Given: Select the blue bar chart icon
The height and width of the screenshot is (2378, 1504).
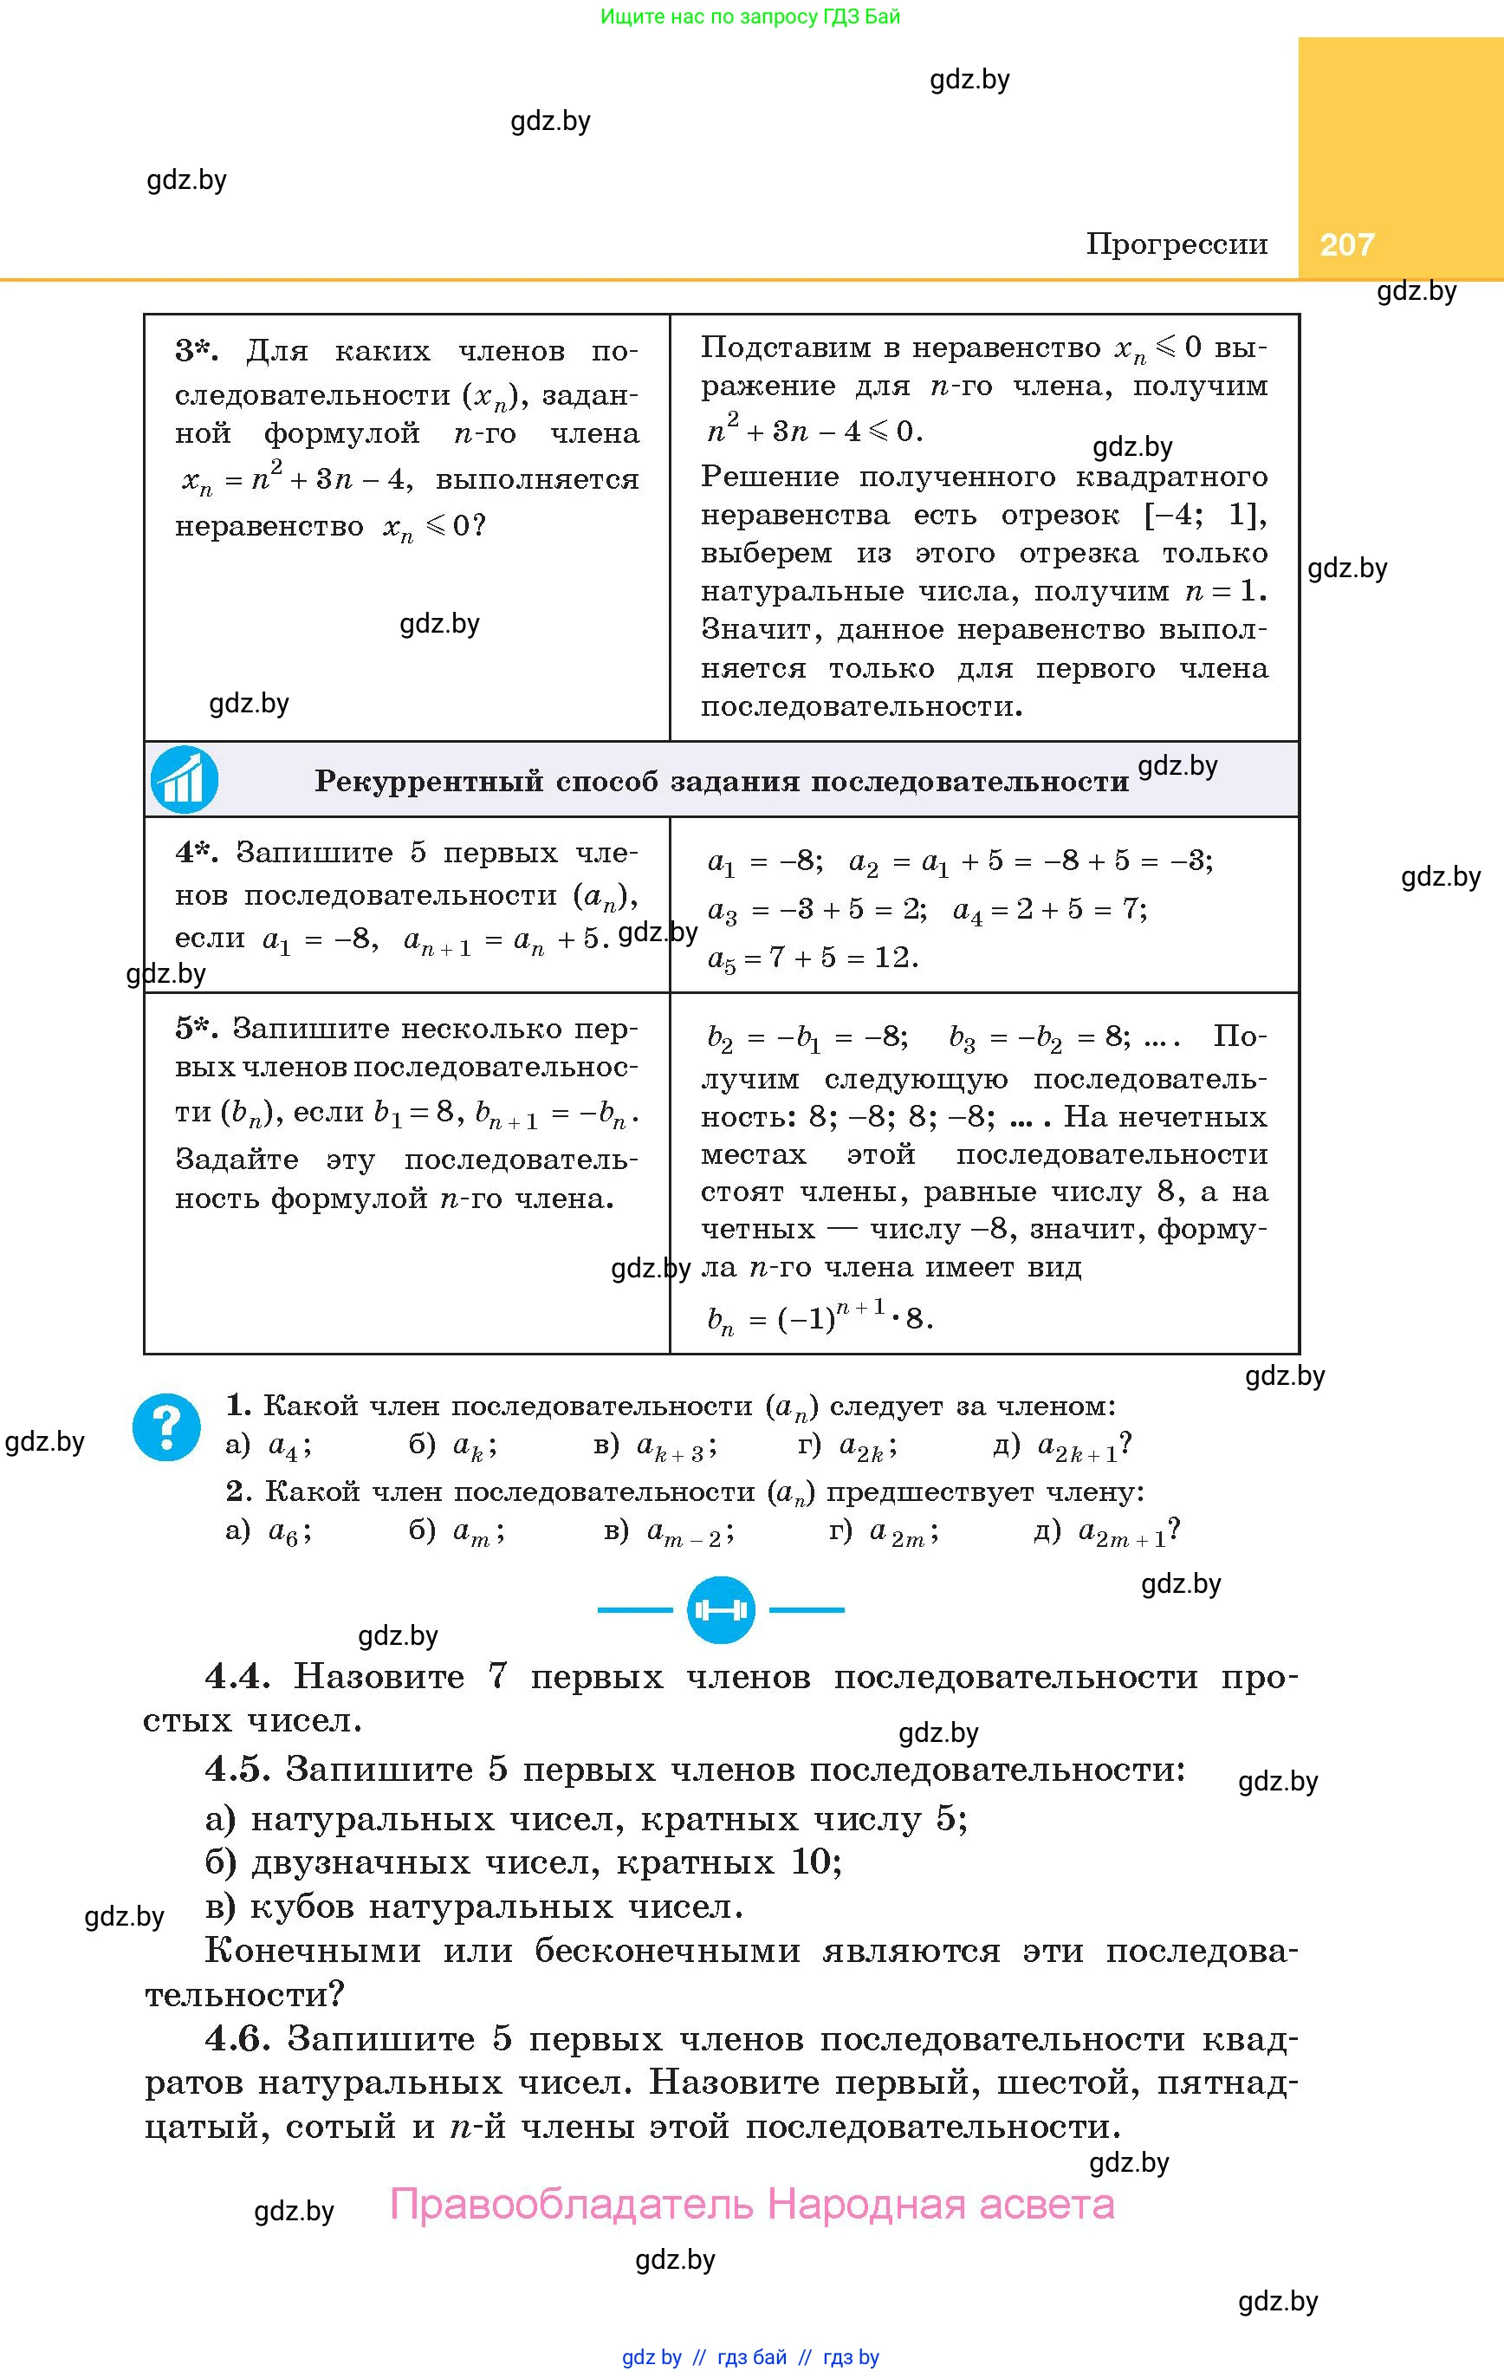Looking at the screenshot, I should (x=184, y=779).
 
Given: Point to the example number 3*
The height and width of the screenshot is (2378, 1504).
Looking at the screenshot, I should (x=197, y=351).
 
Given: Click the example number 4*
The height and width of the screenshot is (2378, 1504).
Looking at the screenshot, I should (x=197, y=852).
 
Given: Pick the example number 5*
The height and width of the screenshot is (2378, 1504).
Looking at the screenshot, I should (x=197, y=1028).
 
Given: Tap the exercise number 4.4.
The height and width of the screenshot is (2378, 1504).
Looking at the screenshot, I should (x=237, y=1676).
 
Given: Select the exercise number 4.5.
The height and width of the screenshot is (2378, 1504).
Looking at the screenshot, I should (x=237, y=1769).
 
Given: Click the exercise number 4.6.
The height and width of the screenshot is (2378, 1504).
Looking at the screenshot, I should (x=237, y=2038).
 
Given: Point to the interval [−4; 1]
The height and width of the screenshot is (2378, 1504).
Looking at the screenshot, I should (x=1205, y=516).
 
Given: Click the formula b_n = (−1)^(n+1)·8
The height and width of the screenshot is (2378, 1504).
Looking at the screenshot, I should (x=820, y=1318).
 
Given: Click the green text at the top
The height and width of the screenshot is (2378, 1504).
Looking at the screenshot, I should (x=750, y=16).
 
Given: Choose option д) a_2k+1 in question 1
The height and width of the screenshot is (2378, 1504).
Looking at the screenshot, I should (x=1062, y=1446).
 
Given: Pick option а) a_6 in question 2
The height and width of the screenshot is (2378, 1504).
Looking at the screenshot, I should (x=269, y=1531).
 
